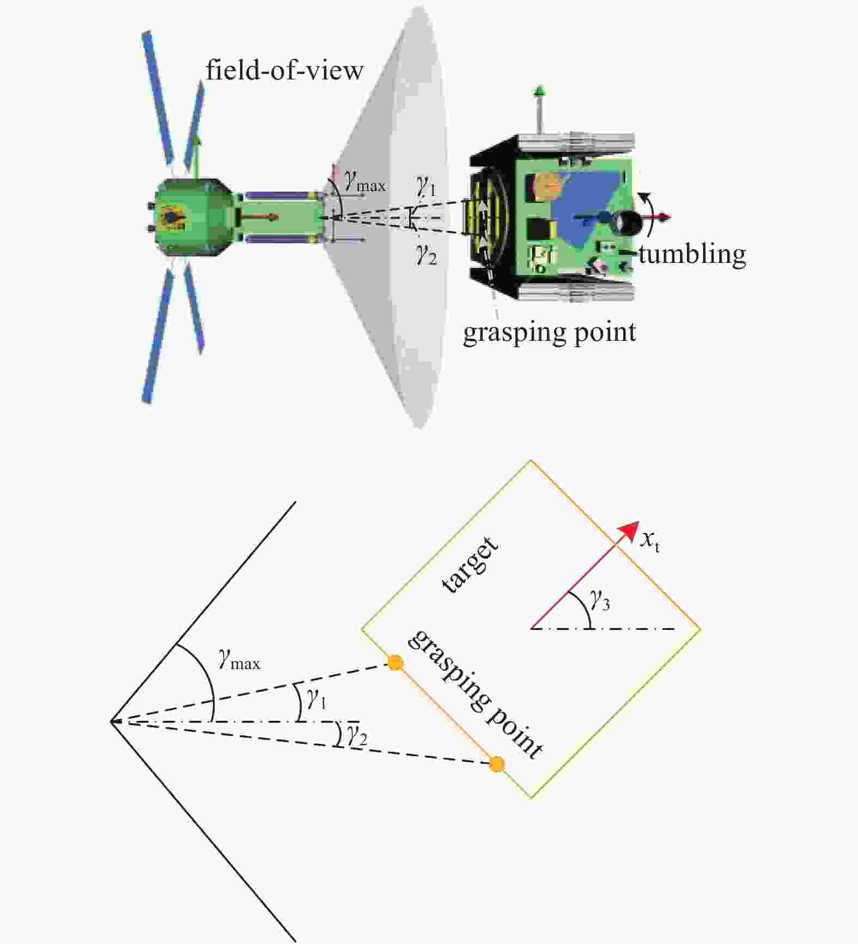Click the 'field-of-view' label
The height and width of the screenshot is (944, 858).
284,70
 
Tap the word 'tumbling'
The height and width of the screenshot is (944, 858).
692,255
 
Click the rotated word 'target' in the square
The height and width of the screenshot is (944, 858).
470,565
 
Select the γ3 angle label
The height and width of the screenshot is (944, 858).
600,600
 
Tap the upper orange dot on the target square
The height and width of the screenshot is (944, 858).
395,663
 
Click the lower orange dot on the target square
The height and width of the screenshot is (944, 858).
496,764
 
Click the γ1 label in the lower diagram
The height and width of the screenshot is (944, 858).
317,698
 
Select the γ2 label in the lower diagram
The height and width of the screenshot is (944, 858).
357,736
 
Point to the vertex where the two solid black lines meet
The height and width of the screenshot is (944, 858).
111,722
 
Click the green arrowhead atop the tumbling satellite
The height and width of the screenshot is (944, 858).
539,91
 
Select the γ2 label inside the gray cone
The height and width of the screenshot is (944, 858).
427,254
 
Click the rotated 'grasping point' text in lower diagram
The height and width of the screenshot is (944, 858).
475,694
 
